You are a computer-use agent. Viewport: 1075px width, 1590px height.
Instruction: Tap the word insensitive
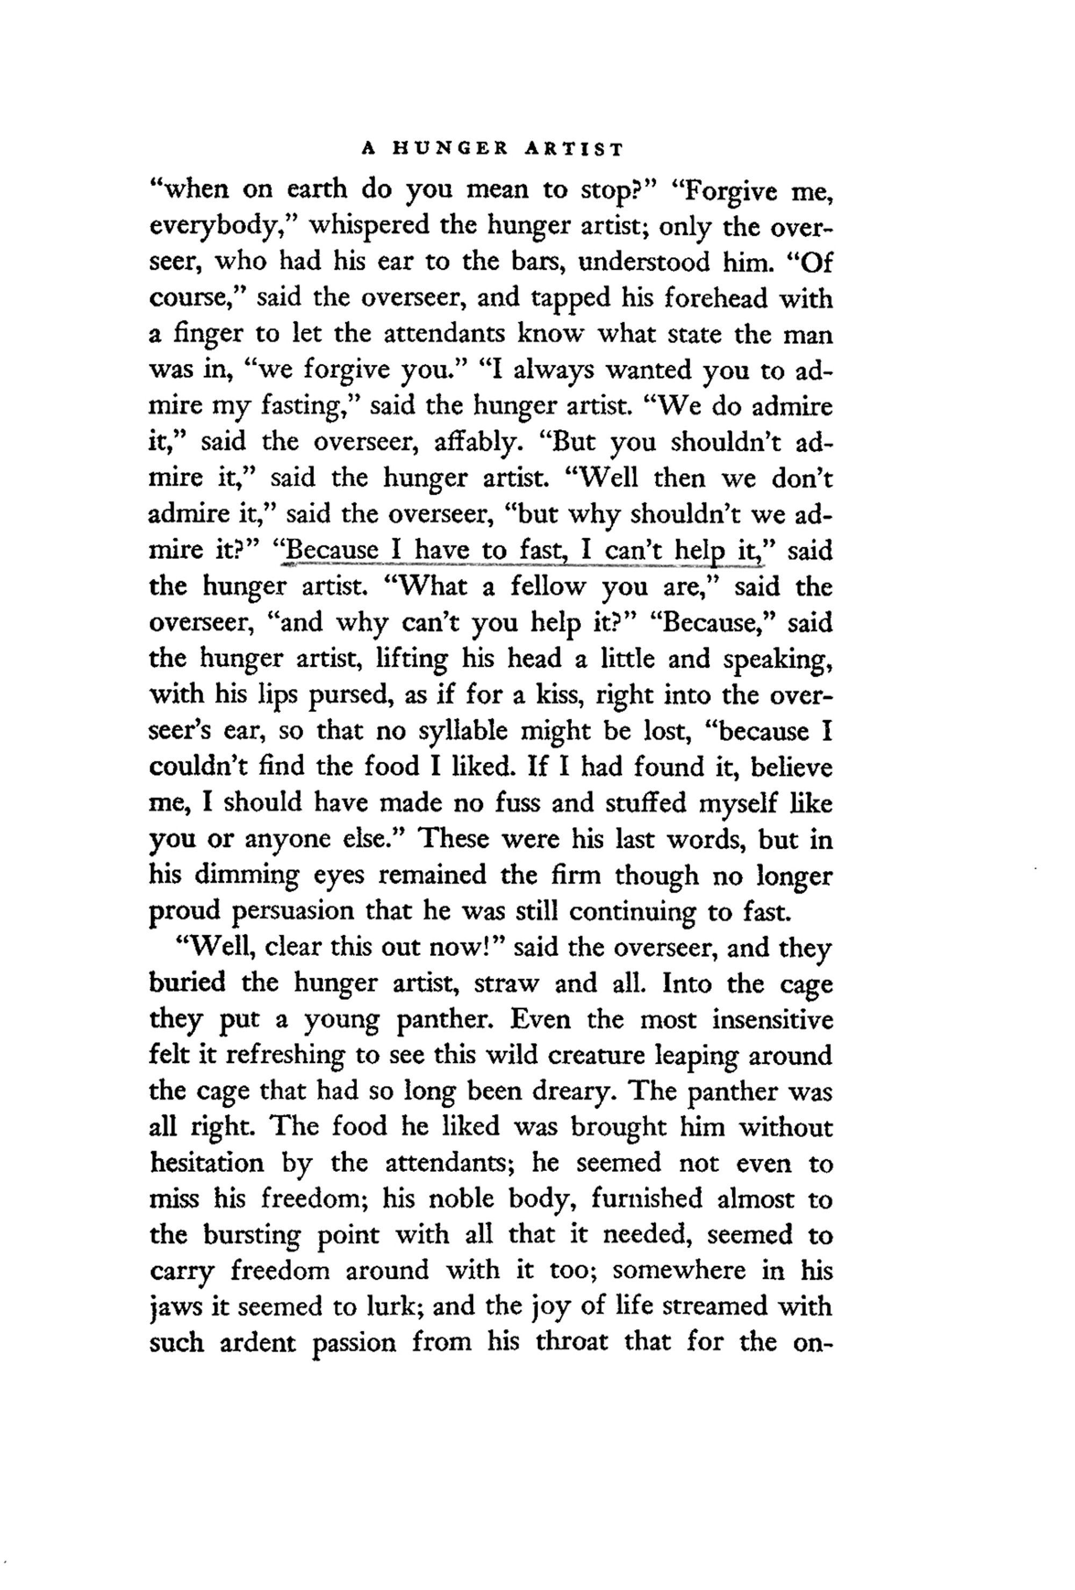[x=772, y=1019]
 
